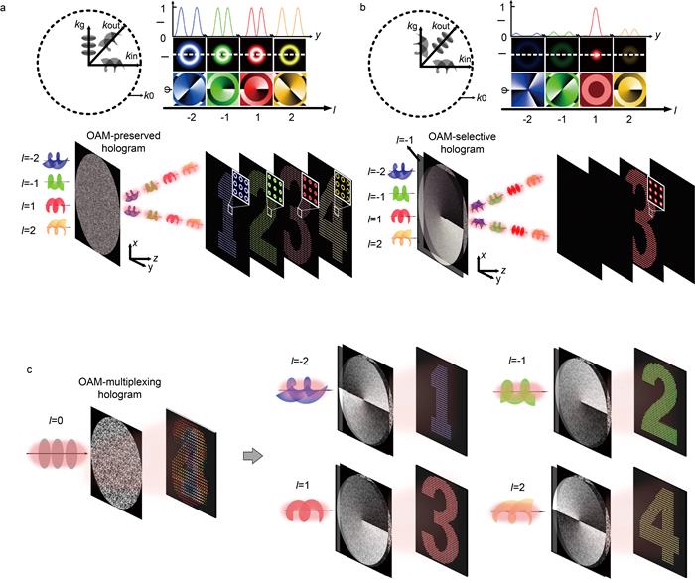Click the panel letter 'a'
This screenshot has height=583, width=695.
pyautogui.click(x=3, y=8)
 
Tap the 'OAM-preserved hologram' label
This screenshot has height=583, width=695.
pyautogui.click(x=124, y=142)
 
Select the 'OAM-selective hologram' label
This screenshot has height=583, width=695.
pyautogui.click(x=462, y=143)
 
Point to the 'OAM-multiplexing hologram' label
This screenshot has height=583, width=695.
pyautogui.click(x=120, y=388)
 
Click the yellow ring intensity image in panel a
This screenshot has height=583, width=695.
pyautogui.click(x=290, y=55)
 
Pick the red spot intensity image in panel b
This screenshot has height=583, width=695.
pyautogui.click(x=596, y=55)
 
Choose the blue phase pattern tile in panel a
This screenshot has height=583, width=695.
pyautogui.click(x=190, y=89)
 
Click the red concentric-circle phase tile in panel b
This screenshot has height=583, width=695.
pyautogui.click(x=596, y=90)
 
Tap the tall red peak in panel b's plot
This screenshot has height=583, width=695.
pyautogui.click(x=596, y=21)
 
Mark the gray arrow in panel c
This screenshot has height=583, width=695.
pyautogui.click(x=253, y=456)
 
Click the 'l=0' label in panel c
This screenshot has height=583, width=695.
pyautogui.click(x=56, y=420)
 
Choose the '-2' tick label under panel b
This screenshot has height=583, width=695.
pyautogui.click(x=527, y=119)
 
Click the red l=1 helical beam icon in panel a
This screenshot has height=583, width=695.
pyautogui.click(x=58, y=206)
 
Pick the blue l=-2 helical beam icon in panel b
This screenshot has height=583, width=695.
pyautogui.click(x=400, y=171)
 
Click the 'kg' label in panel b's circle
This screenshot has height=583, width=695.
pyautogui.click(x=412, y=27)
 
